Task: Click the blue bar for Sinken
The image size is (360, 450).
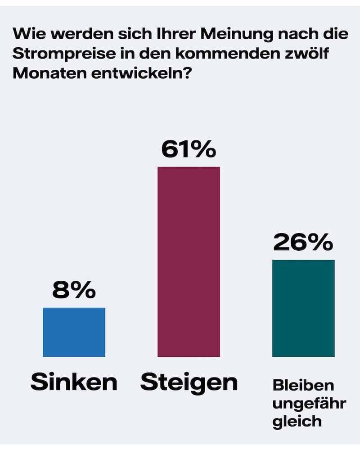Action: (x=74, y=332)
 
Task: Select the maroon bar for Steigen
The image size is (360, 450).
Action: (x=189, y=261)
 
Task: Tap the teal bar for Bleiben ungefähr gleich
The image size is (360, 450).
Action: (x=303, y=308)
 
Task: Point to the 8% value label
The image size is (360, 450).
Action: (x=74, y=291)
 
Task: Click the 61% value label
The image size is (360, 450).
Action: (x=189, y=150)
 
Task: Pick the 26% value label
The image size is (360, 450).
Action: (x=303, y=243)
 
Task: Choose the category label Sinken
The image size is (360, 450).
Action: (x=74, y=382)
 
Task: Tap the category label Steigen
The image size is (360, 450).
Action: (x=189, y=382)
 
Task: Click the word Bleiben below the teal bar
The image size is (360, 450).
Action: (x=303, y=386)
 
